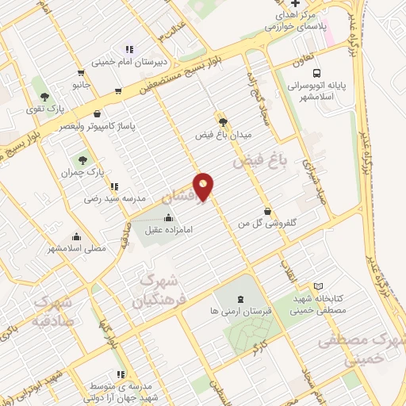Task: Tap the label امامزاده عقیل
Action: point(171,231)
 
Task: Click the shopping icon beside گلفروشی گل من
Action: point(267,211)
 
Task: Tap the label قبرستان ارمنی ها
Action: point(239,312)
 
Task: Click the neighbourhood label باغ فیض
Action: point(258,160)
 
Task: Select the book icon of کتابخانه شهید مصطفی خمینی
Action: point(319,285)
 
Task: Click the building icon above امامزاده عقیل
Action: point(167,218)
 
